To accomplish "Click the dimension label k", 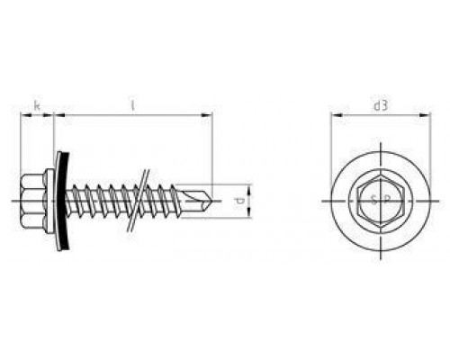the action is point(37,106).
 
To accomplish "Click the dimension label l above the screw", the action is point(132,106).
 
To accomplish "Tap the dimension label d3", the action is point(381,106).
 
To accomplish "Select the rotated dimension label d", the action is point(239,201).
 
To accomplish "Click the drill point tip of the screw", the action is point(212,201).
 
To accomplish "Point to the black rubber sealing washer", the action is point(64,201).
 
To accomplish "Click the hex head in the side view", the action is point(32,201).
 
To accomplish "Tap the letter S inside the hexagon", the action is point(373,200).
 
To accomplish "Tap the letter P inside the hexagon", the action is point(387,200).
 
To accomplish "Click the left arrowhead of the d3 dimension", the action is point(336,115).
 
